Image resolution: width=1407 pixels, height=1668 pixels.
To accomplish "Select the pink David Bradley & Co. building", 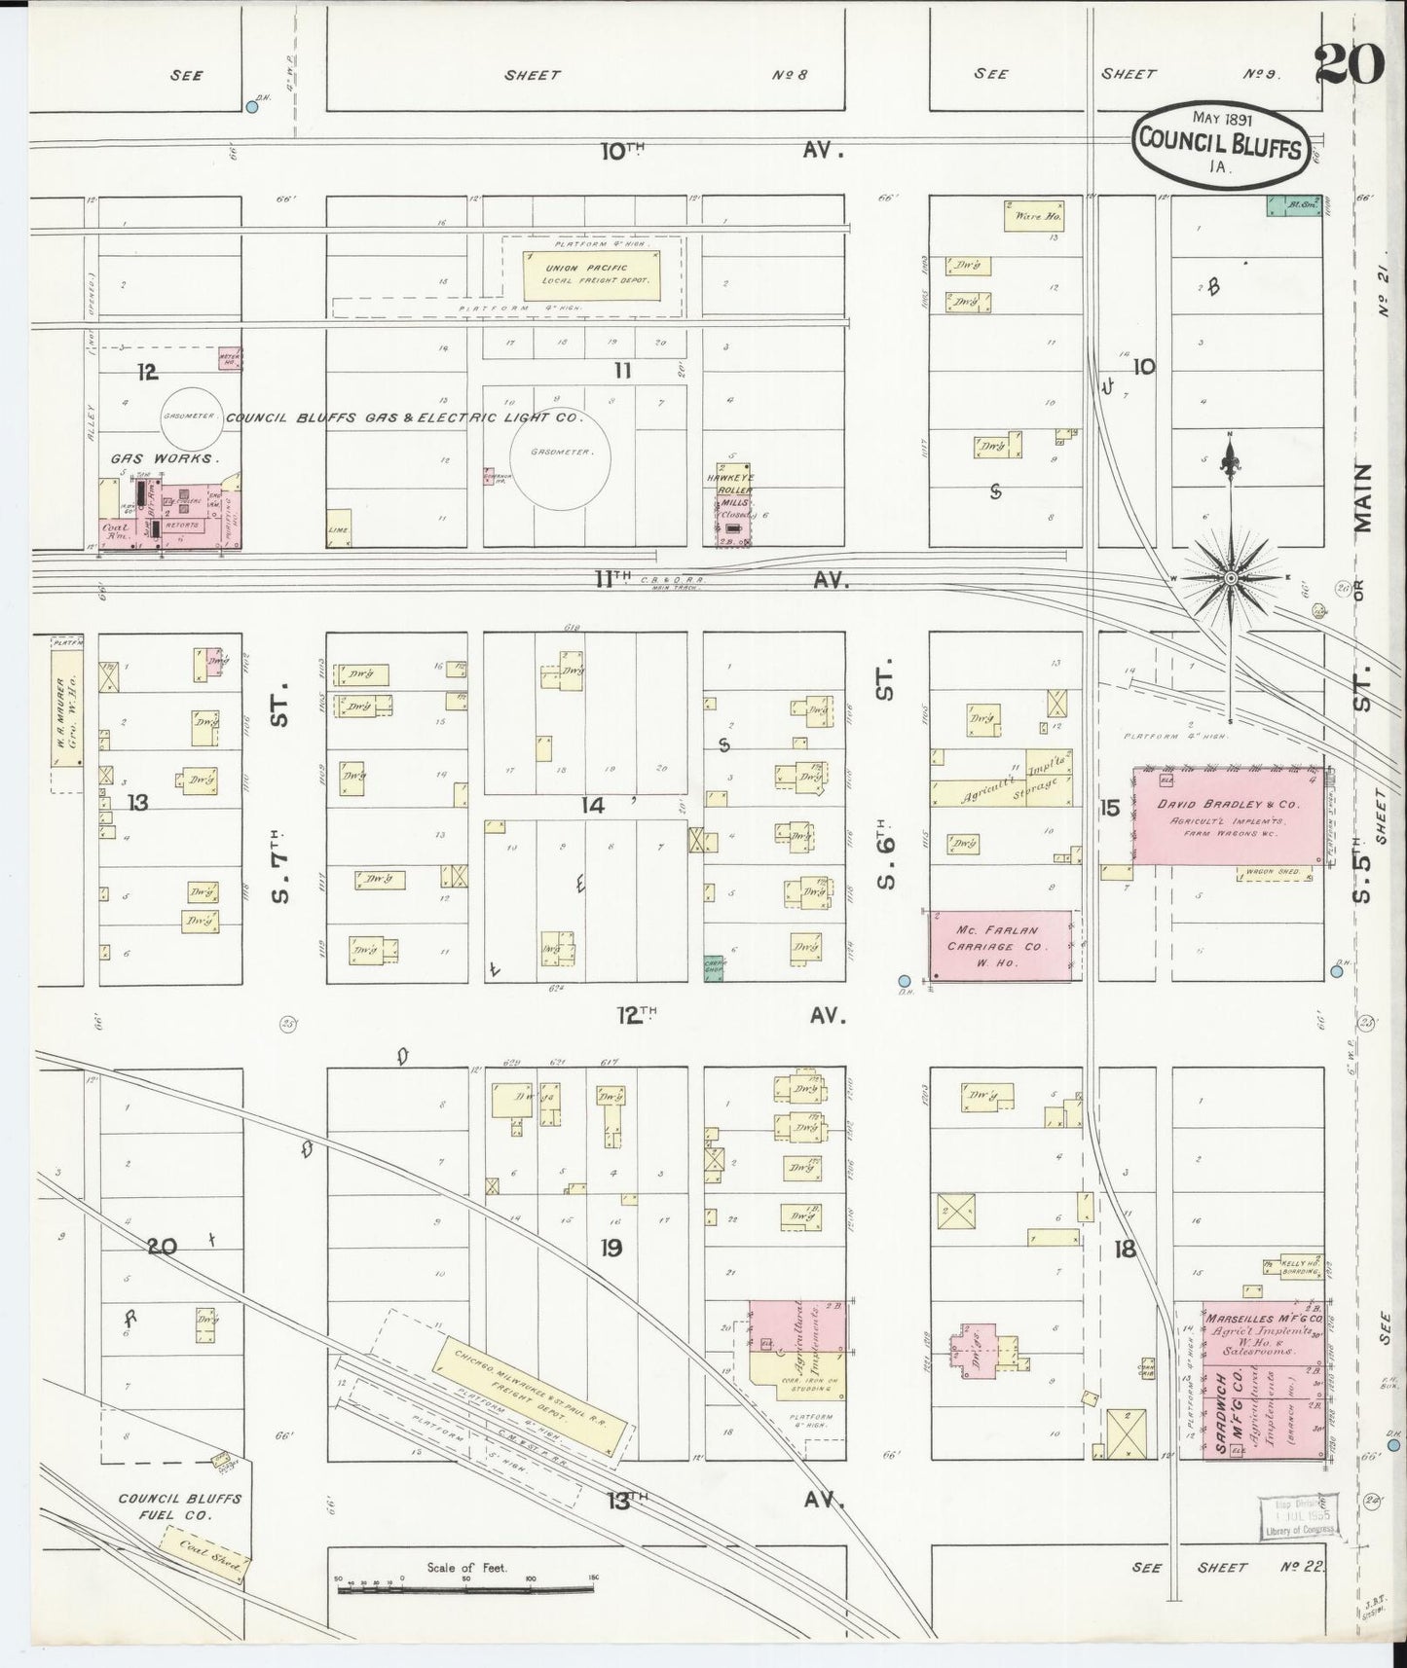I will tap(1228, 816).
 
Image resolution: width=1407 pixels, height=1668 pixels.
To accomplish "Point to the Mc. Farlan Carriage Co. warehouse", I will tap(1001, 946).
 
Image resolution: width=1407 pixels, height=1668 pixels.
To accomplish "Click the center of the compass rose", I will tap(1230, 579).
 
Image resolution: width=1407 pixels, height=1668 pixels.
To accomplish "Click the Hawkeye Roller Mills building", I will tap(735, 503).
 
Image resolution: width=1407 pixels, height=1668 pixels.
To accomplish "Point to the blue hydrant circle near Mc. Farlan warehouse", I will tap(905, 981).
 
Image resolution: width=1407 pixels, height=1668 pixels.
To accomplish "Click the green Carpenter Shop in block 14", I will tap(716, 966).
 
